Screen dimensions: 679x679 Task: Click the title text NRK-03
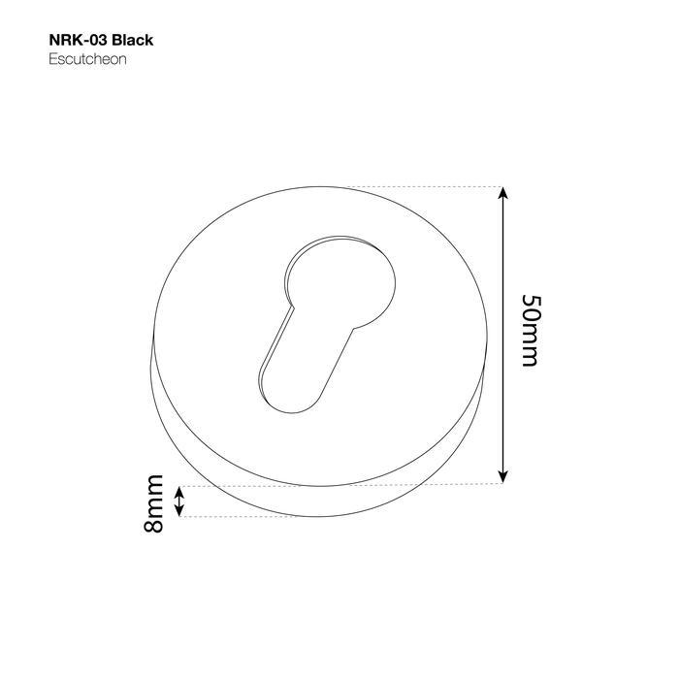pyautogui.click(x=79, y=41)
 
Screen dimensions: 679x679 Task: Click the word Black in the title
pyautogui.click(x=133, y=41)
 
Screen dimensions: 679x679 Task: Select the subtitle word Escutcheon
pyautogui.click(x=88, y=59)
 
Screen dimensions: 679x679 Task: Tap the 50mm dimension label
pyautogui.click(x=530, y=330)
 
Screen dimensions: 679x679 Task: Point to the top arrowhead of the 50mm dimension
pyautogui.click(x=502, y=193)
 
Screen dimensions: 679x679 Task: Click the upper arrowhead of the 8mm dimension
pyautogui.click(x=178, y=492)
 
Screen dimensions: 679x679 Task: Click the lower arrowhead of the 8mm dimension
pyautogui.click(x=178, y=511)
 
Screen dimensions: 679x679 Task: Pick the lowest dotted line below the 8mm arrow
pyautogui.click(x=233, y=517)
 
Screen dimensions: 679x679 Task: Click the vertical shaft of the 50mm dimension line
pyautogui.click(x=502, y=335)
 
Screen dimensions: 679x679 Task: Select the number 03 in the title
pyautogui.click(x=97, y=41)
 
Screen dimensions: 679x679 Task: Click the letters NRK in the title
pyautogui.click(x=64, y=41)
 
